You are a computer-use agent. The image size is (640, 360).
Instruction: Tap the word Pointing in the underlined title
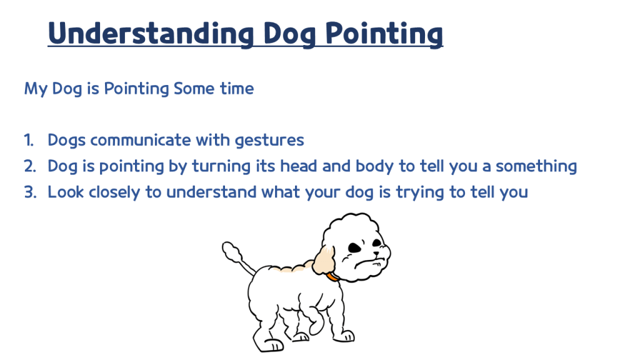coord(384,34)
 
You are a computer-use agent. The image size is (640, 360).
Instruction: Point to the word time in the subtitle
coord(237,89)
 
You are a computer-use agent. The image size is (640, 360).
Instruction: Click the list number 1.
coord(29,140)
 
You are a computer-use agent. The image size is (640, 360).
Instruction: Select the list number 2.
coord(30,166)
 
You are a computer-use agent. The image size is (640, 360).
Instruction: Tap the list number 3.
coord(30,192)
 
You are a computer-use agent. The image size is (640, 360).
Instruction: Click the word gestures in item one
coord(269,141)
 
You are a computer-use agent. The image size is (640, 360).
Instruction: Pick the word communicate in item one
coord(141,140)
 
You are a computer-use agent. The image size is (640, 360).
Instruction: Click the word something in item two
coord(536,167)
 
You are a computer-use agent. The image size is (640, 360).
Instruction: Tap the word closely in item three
coord(114,192)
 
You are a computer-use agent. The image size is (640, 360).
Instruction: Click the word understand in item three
coord(211,192)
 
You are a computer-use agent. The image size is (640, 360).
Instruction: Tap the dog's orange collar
coord(332,277)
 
